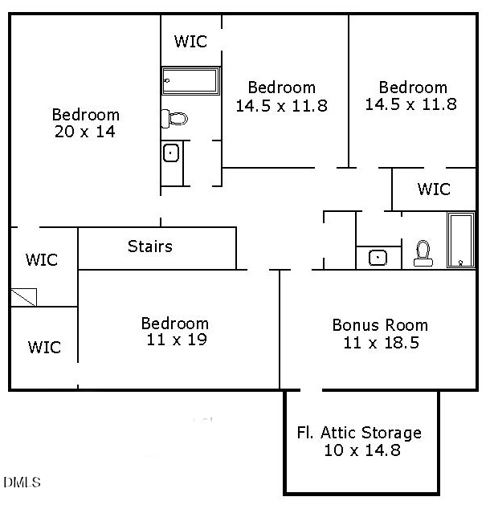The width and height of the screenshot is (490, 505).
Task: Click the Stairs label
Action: coord(149,246)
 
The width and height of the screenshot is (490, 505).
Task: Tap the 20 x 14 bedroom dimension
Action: coord(84,132)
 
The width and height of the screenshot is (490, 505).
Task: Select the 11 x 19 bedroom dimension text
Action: coord(176,340)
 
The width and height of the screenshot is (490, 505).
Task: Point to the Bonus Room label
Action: coord(380,325)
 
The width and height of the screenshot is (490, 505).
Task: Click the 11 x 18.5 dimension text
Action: coord(381,343)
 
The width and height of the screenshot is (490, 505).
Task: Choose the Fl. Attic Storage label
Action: coord(359,433)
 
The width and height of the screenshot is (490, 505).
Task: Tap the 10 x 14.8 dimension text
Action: coord(362,450)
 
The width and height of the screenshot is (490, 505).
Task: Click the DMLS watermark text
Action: coord(22,483)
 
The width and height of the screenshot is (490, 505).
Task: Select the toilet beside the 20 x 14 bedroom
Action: coord(174,119)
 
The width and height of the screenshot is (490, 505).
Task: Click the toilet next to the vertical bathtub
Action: coord(423,254)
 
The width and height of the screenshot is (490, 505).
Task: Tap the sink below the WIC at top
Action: coord(171,153)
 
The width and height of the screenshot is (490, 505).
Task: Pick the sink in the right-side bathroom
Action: coord(378,258)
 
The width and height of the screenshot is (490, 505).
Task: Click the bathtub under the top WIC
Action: coord(190,81)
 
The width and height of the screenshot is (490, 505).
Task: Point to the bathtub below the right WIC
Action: coord(461,240)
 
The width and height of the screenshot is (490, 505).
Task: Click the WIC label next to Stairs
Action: coord(42,259)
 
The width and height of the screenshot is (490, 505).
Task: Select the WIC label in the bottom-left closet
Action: coord(44,347)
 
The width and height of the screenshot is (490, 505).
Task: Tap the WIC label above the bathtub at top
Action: coord(190,41)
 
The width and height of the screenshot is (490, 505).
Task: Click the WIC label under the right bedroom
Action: coord(434,189)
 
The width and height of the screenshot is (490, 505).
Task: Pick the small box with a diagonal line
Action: coord(24,297)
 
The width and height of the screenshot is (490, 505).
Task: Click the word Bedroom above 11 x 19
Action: coord(175,324)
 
